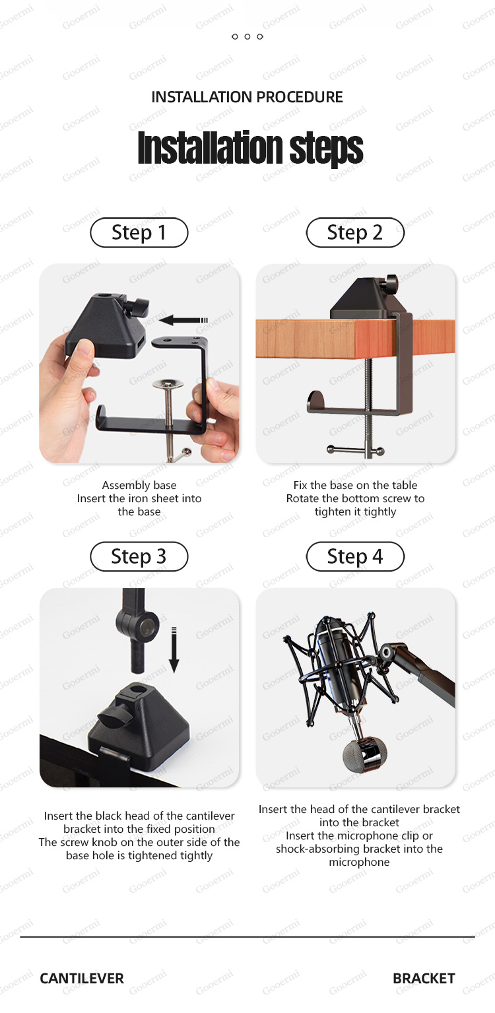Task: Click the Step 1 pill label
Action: [139, 232]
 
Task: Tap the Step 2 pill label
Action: [355, 232]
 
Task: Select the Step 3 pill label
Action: [139, 556]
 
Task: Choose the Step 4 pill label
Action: [355, 556]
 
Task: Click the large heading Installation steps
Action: [250, 148]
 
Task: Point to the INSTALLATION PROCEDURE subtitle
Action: [247, 97]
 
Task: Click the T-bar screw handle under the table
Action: [356, 451]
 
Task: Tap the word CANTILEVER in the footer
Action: [82, 978]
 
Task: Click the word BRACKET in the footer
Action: [424, 978]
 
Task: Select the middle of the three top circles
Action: [247, 36]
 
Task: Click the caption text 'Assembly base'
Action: [139, 485]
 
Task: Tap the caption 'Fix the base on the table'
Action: [355, 485]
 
